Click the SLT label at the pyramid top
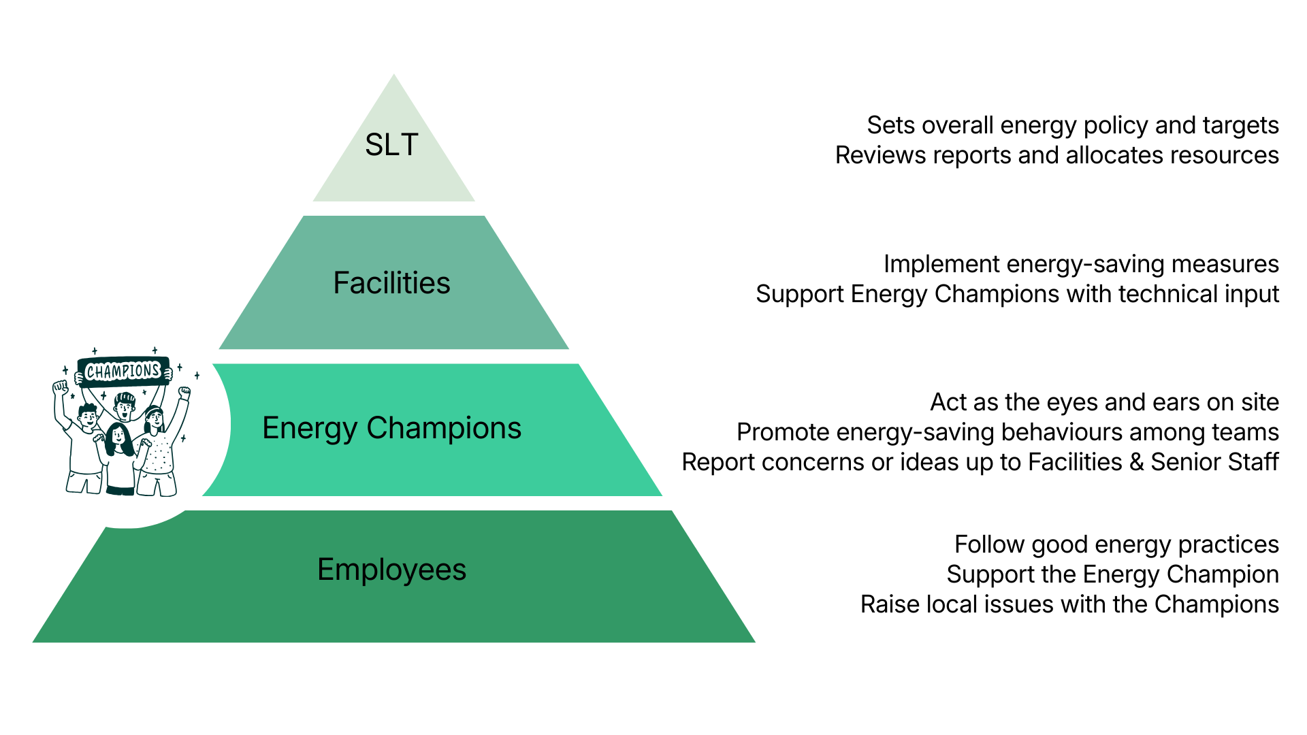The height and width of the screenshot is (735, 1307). (x=391, y=145)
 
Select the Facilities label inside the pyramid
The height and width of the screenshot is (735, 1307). (x=391, y=283)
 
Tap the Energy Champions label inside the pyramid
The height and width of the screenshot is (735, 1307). (x=391, y=428)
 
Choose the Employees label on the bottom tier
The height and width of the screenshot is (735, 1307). (x=391, y=570)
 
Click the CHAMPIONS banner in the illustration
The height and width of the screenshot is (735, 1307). (x=123, y=371)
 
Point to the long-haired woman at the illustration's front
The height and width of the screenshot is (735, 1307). (x=119, y=456)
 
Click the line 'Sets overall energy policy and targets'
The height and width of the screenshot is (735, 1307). (x=1072, y=125)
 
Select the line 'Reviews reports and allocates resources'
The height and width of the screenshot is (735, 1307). (x=1056, y=155)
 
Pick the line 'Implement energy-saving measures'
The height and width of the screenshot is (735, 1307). (x=1081, y=264)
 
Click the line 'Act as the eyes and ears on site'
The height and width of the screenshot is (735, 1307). (x=1104, y=402)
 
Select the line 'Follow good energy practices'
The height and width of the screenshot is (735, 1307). (x=1116, y=544)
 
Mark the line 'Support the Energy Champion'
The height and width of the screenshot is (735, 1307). (x=1112, y=574)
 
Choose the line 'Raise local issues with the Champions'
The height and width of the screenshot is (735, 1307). (x=1069, y=604)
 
